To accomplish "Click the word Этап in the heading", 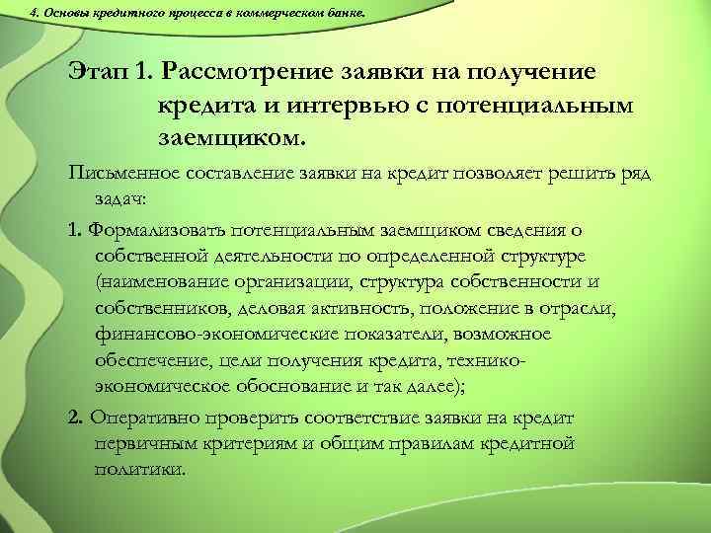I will pyautogui.click(x=101, y=72).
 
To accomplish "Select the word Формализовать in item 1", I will pyautogui.click(x=155, y=230).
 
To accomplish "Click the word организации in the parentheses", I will pyautogui.click(x=299, y=282).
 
